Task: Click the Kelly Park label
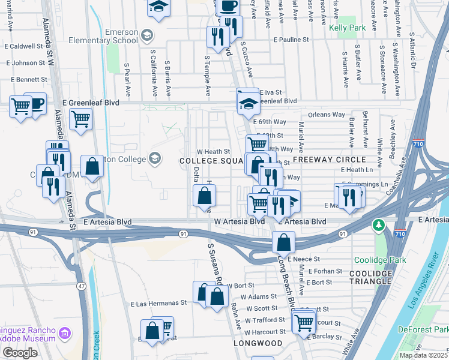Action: tap(349, 28)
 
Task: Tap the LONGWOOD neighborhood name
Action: tap(258, 343)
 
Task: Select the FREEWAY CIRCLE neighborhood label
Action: tap(329, 160)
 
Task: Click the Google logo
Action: tap(20, 353)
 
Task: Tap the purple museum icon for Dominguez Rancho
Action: tap(65, 332)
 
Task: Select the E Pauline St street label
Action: tap(291, 39)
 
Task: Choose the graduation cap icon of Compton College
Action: tap(155, 158)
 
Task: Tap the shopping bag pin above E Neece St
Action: tap(283, 242)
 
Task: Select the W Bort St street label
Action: tap(240, 286)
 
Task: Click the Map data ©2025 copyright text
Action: tap(423, 355)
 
